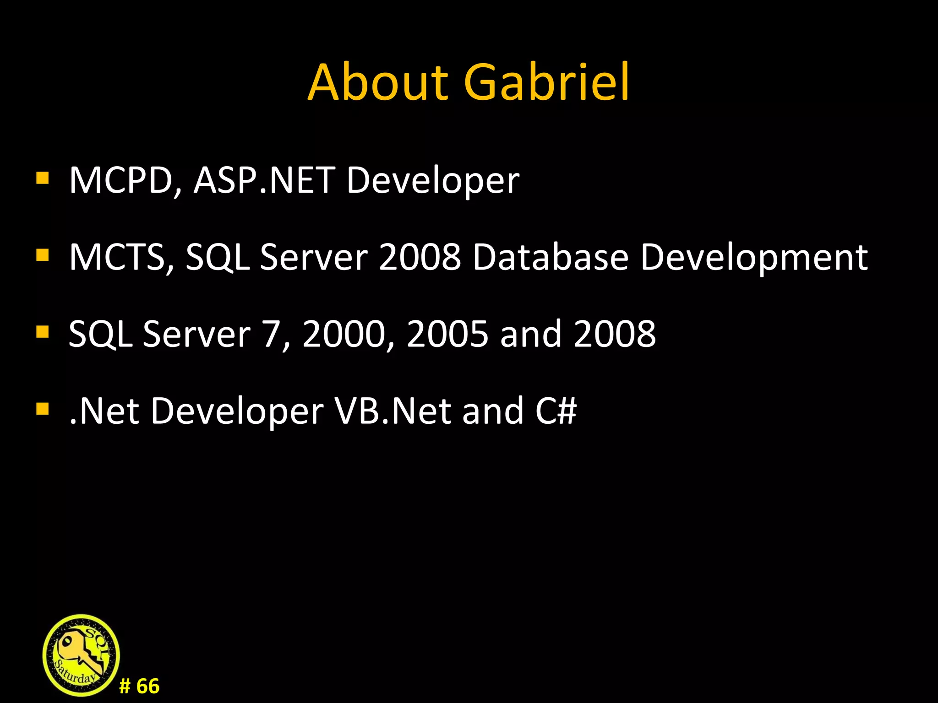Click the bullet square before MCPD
coord(42,178)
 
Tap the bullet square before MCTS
coord(42,254)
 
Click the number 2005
coord(447,334)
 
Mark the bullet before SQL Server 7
coord(42,331)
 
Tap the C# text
coord(556,411)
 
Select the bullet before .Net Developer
coord(42,408)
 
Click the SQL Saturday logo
coord(81,655)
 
